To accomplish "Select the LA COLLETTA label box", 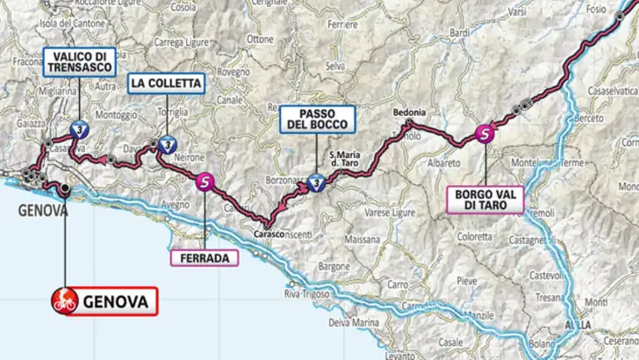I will (167, 84).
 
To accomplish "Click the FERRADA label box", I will (204, 259).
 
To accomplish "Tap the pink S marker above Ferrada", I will (205, 183).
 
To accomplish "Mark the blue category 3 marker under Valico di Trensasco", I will (79, 126).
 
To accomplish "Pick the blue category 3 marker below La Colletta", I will (166, 146).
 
